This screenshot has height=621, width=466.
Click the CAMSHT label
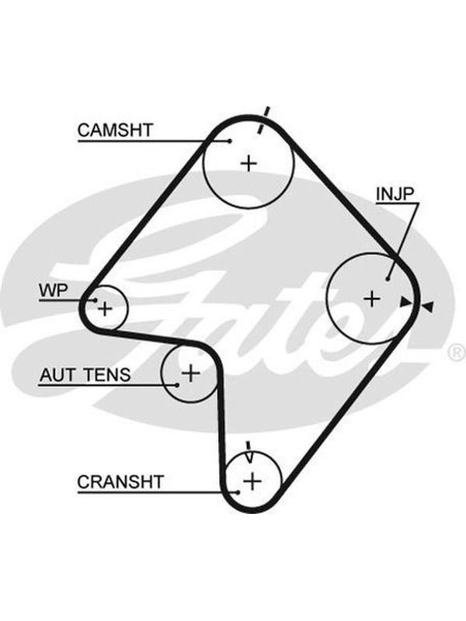[115, 130]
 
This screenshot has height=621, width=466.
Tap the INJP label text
[395, 194]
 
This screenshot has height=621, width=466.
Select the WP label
[54, 290]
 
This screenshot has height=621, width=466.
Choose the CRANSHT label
[120, 482]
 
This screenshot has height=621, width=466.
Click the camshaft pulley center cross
[249, 163]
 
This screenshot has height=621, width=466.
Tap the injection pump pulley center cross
[372, 299]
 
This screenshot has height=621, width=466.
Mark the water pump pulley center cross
[105, 308]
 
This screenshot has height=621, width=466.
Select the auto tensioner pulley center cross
[190, 373]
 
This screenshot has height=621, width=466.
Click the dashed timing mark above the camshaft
[263, 120]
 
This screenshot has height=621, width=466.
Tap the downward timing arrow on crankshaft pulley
[249, 452]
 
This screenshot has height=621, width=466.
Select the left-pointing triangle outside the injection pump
[428, 306]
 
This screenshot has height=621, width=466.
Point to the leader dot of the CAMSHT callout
[230, 141]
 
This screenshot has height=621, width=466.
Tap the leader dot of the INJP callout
[388, 279]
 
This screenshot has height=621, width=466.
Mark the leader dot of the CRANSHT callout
[238, 493]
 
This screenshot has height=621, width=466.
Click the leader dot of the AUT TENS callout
[177, 385]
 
